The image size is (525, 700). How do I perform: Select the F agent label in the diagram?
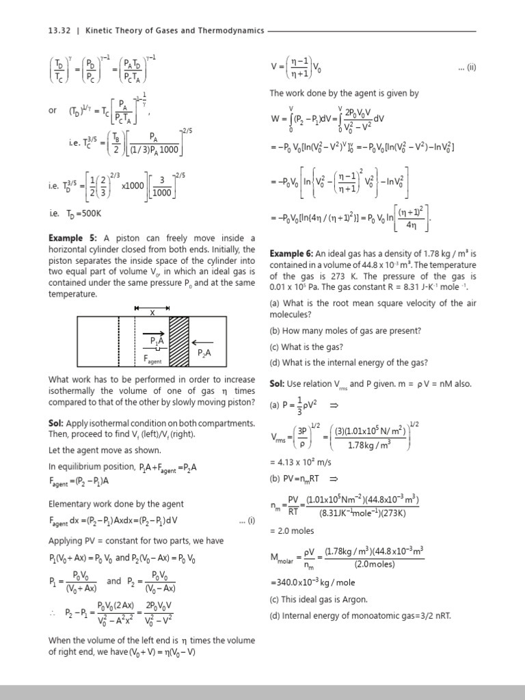tap(153, 358)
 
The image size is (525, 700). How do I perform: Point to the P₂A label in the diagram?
tap(204, 353)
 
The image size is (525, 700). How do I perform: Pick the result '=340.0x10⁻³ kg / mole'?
tap(313, 583)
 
